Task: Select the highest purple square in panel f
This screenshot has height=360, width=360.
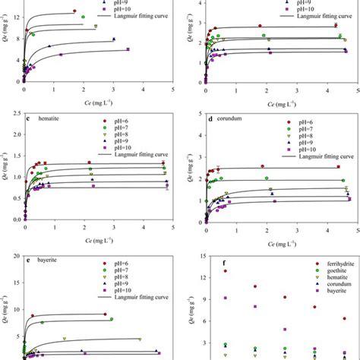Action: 225,298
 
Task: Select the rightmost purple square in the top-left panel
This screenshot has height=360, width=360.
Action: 128,49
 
